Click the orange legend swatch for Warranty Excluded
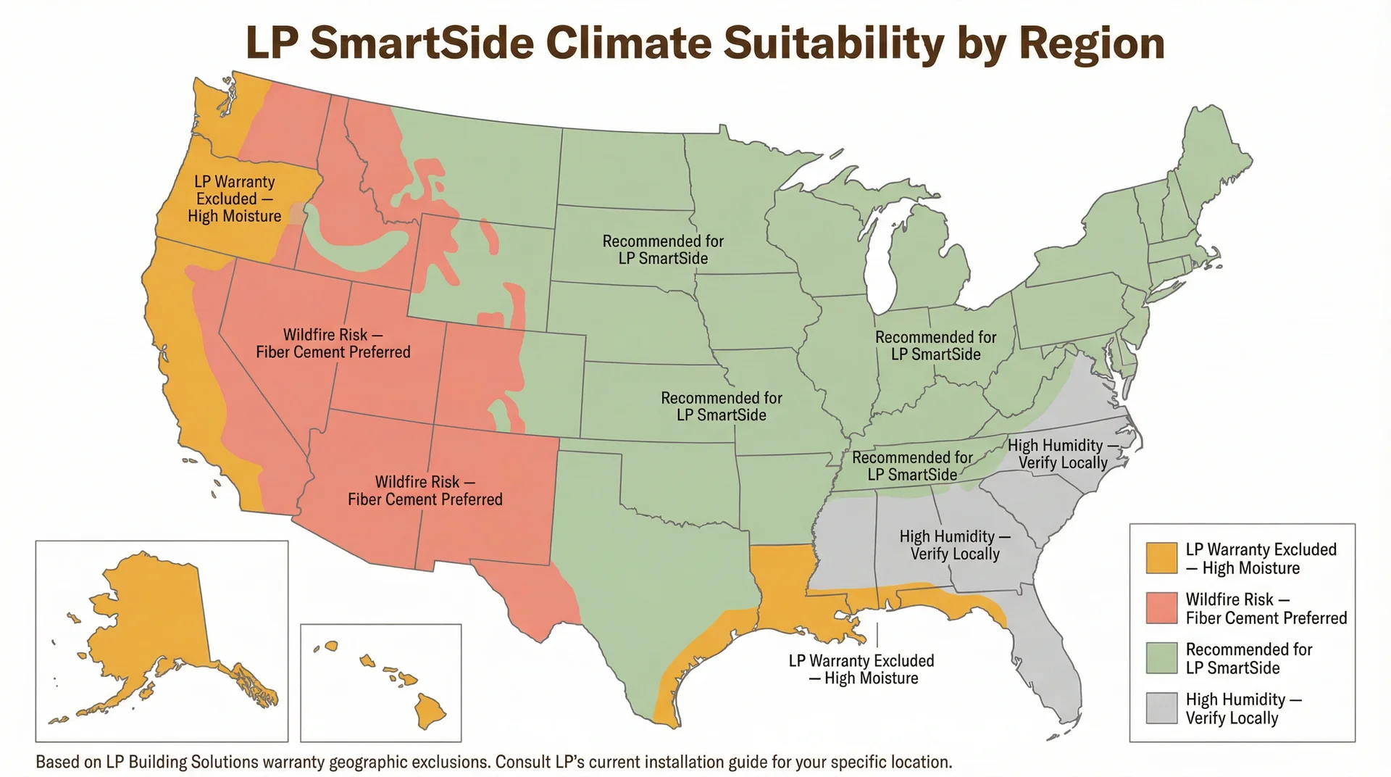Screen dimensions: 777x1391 click(1161, 558)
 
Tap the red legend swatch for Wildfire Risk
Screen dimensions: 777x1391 click(1161, 608)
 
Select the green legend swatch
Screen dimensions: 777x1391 click(1161, 658)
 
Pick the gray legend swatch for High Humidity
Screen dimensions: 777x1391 click(1161, 708)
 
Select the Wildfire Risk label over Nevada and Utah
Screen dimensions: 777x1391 click(333, 344)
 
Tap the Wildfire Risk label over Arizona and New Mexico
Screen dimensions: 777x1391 click(425, 491)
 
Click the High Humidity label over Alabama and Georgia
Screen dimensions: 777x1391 click(954, 545)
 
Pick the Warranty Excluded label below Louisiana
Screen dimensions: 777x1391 click(861, 669)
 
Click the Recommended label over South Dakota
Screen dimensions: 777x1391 click(663, 249)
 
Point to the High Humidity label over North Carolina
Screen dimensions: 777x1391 click(1062, 454)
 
